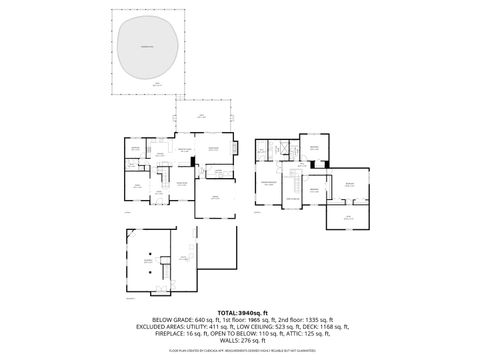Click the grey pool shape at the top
pos(150,49)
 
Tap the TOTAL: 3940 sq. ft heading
pos(240,314)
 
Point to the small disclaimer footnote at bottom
pos(240,351)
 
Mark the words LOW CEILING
pos(252,327)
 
